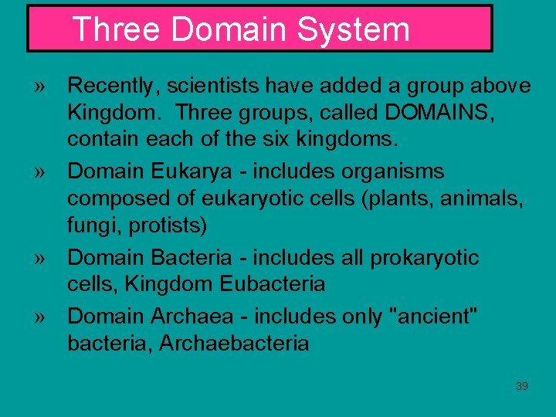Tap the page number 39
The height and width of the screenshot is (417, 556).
[x=522, y=386]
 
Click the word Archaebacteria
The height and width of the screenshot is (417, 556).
[x=234, y=343]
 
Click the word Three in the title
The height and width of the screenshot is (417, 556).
[x=117, y=30]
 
